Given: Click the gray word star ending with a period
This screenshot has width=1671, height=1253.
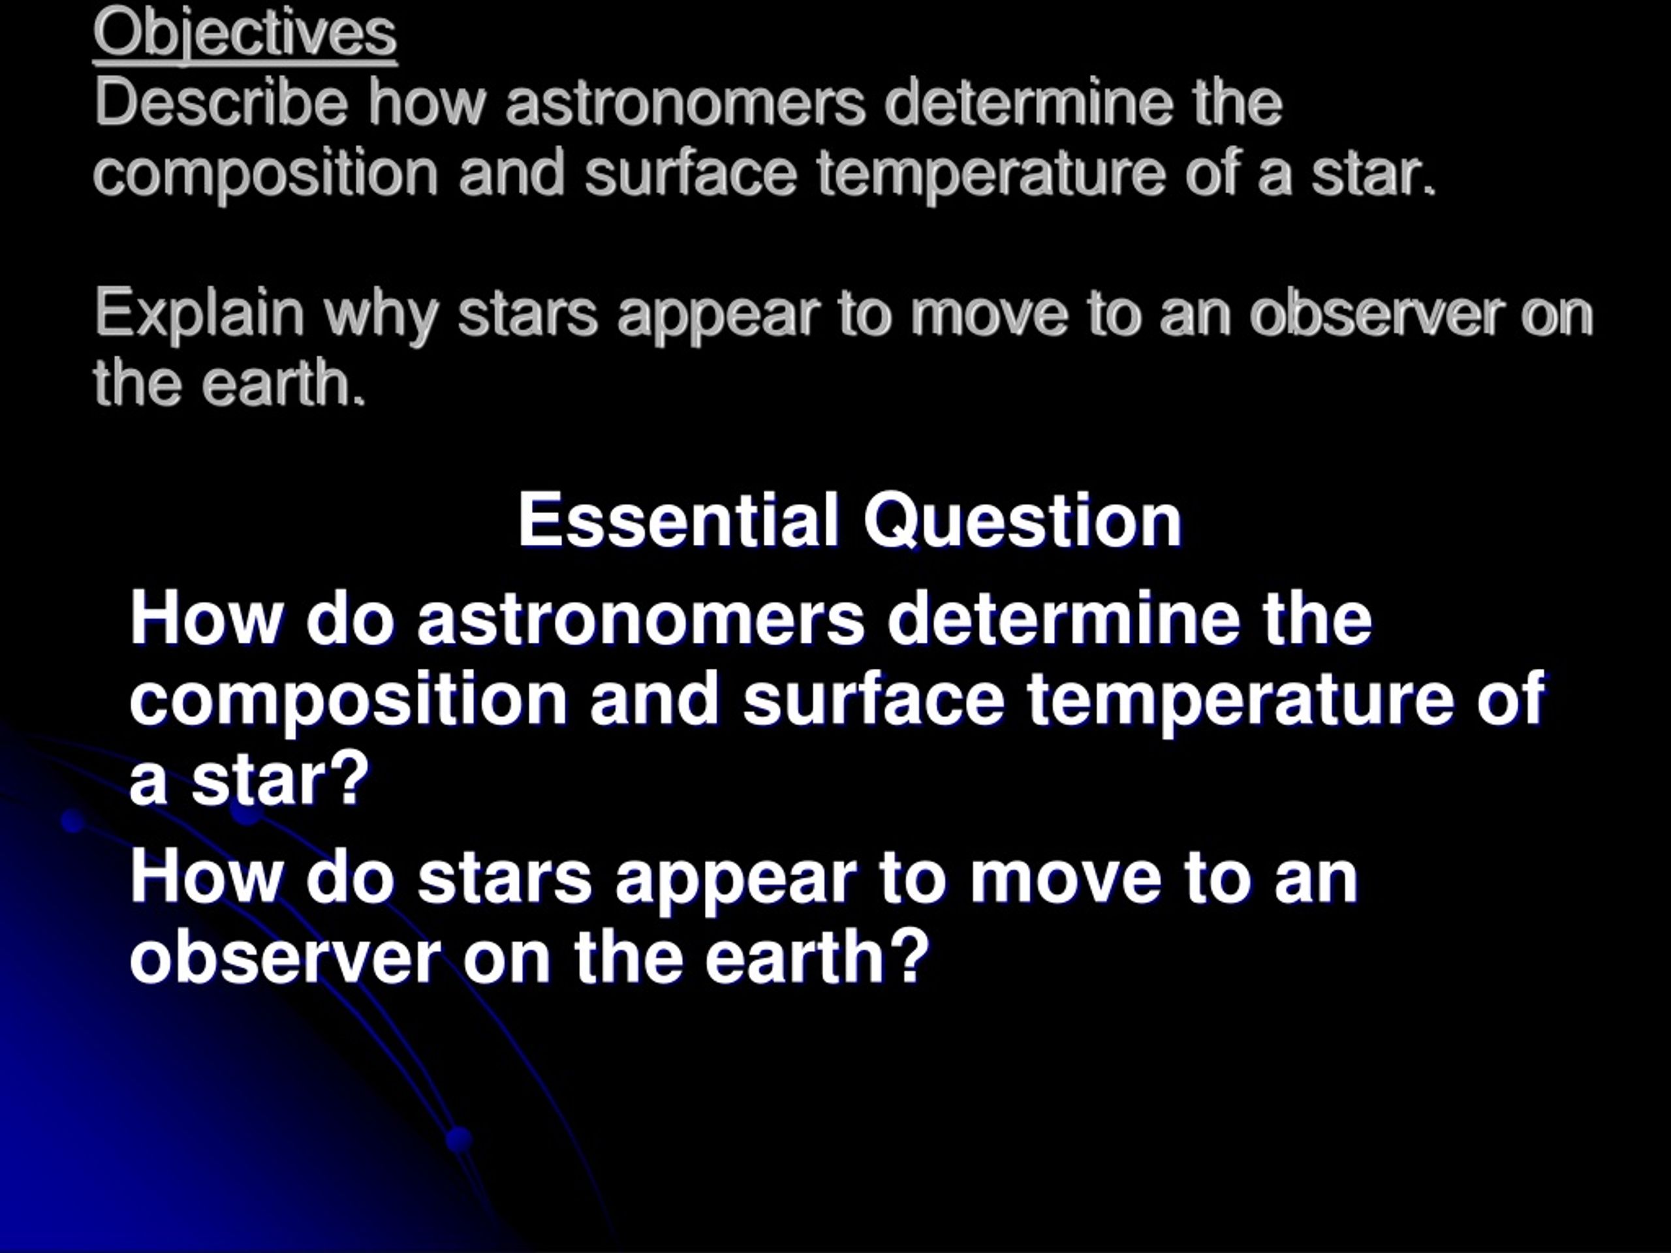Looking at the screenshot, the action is coord(1372,174).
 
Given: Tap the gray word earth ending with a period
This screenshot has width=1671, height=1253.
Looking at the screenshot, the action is coord(283,382).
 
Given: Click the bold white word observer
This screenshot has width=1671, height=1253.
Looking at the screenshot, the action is coord(285,957).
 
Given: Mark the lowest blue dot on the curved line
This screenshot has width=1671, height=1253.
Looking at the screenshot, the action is coord(458,1139).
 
